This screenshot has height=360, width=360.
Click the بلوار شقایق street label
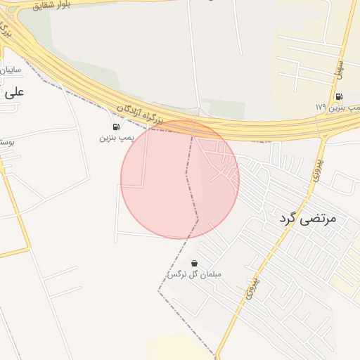pyautogui.click(x=56, y=5)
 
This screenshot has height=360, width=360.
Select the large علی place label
pyautogui.click(x=14, y=91)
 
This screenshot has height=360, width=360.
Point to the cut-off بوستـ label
pyautogui.click(x=7, y=142)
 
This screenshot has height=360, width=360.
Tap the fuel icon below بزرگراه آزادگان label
pyautogui.click(x=115, y=127)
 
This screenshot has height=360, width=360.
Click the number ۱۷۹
pyautogui.click(x=321, y=108)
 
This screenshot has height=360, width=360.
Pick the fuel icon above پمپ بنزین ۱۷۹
pyautogui.click(x=339, y=97)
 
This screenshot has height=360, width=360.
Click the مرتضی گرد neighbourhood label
pyautogui.click(x=307, y=219)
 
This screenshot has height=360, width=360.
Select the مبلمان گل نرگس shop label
pyautogui.click(x=194, y=274)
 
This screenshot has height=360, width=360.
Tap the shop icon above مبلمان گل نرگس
pyautogui.click(x=194, y=263)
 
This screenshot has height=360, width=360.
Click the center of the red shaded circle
pyautogui.click(x=180, y=179)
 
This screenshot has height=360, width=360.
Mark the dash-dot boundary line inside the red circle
pyautogui.click(x=188, y=179)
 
